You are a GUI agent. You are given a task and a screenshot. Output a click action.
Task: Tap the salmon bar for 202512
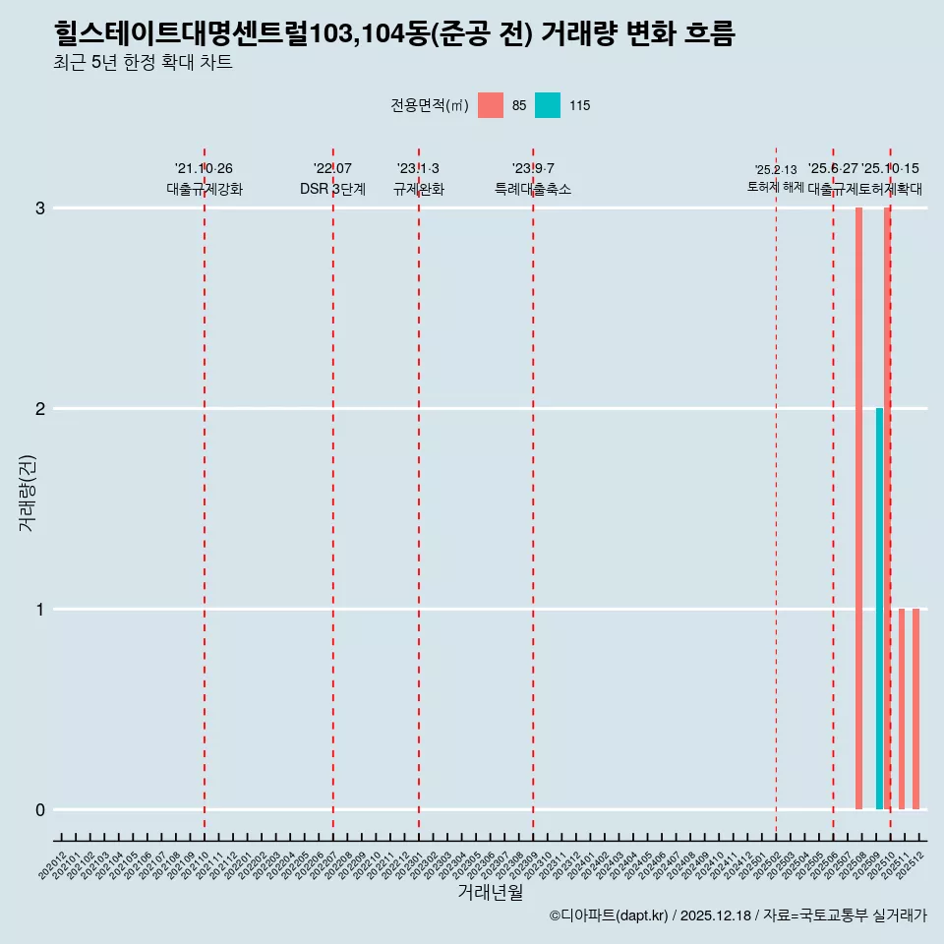coord(915,708)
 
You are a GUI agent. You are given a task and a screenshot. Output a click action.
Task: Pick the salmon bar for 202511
coord(902,708)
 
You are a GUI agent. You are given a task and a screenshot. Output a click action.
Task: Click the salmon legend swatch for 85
coord(490,105)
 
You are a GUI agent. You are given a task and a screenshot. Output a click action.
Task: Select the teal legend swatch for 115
coord(548,105)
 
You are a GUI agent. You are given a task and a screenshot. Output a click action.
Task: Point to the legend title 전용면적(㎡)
coord(430,106)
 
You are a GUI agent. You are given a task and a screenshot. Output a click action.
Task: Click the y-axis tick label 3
coord(40,208)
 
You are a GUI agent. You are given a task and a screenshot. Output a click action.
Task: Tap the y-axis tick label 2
coord(40,409)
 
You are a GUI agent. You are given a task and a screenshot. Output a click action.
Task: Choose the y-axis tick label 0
coord(40,810)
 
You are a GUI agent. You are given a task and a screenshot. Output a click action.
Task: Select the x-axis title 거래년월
coord(490,893)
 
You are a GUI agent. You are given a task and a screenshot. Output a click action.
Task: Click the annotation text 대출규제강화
coord(204,190)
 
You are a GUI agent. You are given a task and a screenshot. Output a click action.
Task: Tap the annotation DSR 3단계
coord(332,190)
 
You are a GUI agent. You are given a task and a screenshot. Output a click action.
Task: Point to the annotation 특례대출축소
coord(532,190)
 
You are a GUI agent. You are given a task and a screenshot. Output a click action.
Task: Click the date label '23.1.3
coord(418,169)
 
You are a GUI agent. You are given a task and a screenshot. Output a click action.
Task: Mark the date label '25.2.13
coord(776,170)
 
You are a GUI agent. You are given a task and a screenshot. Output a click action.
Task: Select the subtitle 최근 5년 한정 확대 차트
coord(144,64)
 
